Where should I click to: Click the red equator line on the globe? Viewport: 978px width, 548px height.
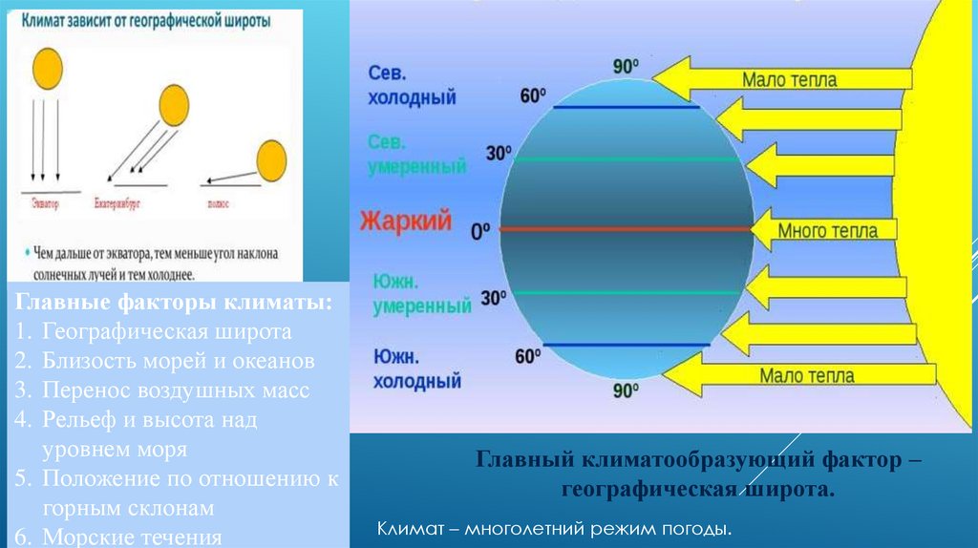tap(626, 229)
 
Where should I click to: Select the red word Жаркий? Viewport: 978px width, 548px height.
tap(405, 222)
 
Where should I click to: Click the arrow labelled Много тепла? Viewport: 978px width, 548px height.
tap(827, 230)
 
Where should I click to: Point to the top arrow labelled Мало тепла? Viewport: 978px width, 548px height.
tap(783, 78)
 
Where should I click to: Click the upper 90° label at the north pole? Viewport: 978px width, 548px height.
tap(626, 67)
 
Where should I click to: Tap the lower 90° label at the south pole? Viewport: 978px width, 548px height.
tap(626, 390)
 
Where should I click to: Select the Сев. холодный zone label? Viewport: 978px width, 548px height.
tap(412, 86)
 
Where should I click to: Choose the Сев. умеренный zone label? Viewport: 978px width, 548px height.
tap(416, 155)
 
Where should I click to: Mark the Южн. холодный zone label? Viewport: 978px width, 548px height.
tap(415, 369)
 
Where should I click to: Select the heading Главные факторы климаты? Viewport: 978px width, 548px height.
tap(174, 303)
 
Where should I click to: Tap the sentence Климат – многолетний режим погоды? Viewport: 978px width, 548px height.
tap(555, 528)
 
